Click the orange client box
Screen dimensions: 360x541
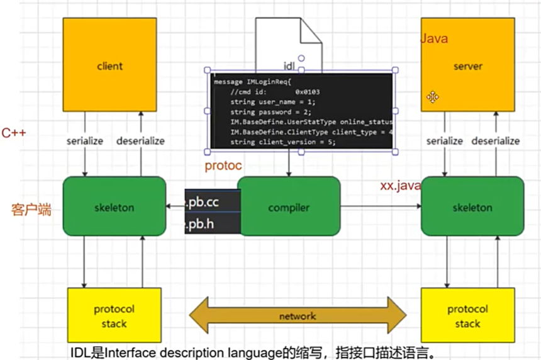coord(109,65)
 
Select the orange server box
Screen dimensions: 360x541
coord(467,65)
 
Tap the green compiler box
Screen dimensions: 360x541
coord(288,207)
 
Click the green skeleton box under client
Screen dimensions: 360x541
coord(114,207)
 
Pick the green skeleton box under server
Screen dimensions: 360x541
coord(472,207)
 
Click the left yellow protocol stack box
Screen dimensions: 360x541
coord(114,316)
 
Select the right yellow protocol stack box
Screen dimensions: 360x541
coord(467,316)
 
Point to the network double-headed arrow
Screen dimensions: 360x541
coord(298,316)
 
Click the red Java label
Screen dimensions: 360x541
coord(434,38)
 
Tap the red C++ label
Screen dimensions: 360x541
coord(13,133)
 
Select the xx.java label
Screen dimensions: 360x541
coord(400,186)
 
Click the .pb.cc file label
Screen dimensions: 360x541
coord(213,200)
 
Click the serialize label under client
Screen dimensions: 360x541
coord(85,141)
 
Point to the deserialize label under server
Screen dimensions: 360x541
coord(496,141)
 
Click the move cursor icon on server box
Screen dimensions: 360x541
coord(433,96)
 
